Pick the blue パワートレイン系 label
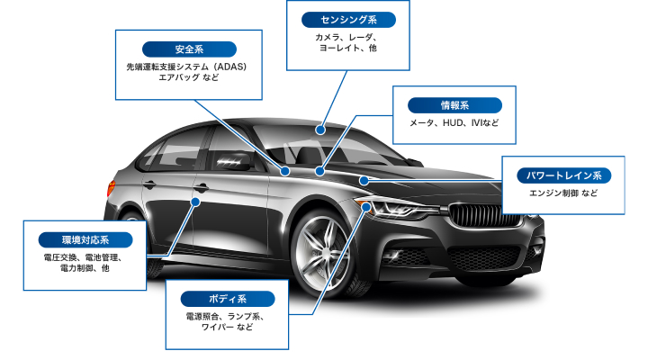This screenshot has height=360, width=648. click(564, 175)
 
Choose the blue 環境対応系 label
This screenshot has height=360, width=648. click(85, 240)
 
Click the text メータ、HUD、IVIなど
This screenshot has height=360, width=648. click(454, 122)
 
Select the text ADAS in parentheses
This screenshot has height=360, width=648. click(230, 67)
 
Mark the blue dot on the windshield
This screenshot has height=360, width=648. click(320, 130)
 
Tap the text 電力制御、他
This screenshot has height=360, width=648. click(85, 268)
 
